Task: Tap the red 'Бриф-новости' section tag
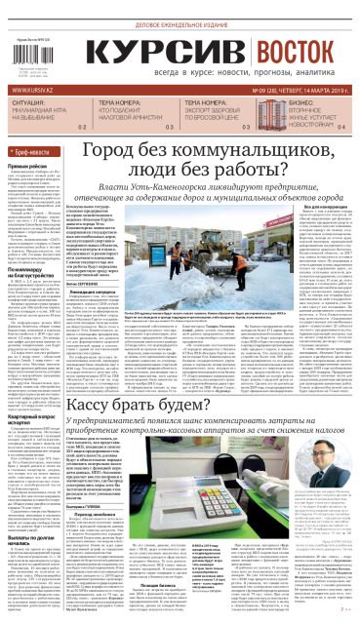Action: [x=33, y=155]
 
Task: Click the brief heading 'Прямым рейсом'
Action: [x=29, y=167]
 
